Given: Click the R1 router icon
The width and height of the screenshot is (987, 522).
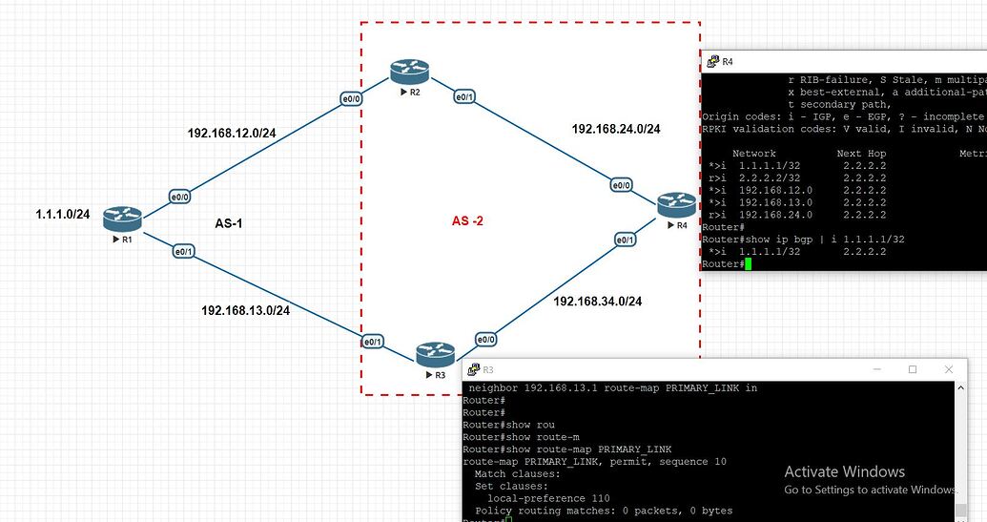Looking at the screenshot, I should click(122, 218).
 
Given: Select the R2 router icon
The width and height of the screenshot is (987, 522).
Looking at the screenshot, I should click(409, 72).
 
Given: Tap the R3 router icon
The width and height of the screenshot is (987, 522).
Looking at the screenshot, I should click(435, 356).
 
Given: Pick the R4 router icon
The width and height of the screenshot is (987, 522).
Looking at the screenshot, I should click(676, 203).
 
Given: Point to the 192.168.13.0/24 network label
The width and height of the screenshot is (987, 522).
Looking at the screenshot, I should click(245, 310).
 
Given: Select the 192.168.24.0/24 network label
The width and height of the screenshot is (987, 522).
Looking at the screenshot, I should click(616, 129).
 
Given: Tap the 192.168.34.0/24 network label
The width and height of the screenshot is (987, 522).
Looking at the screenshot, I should click(597, 302).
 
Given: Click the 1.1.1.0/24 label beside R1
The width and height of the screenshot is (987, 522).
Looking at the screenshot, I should click(63, 215).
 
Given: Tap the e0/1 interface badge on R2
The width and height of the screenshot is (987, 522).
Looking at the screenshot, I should click(464, 97).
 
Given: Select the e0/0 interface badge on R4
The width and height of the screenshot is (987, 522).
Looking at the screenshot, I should click(621, 185).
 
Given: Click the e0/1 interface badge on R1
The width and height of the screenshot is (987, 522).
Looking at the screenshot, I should click(183, 252).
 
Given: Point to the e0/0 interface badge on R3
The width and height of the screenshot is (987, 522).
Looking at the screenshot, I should click(485, 339).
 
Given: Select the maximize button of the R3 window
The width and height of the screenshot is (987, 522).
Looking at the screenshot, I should click(912, 369).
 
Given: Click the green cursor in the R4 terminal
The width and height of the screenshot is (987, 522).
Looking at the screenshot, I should click(749, 263).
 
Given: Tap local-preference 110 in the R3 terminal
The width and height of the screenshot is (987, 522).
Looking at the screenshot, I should click(548, 498).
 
